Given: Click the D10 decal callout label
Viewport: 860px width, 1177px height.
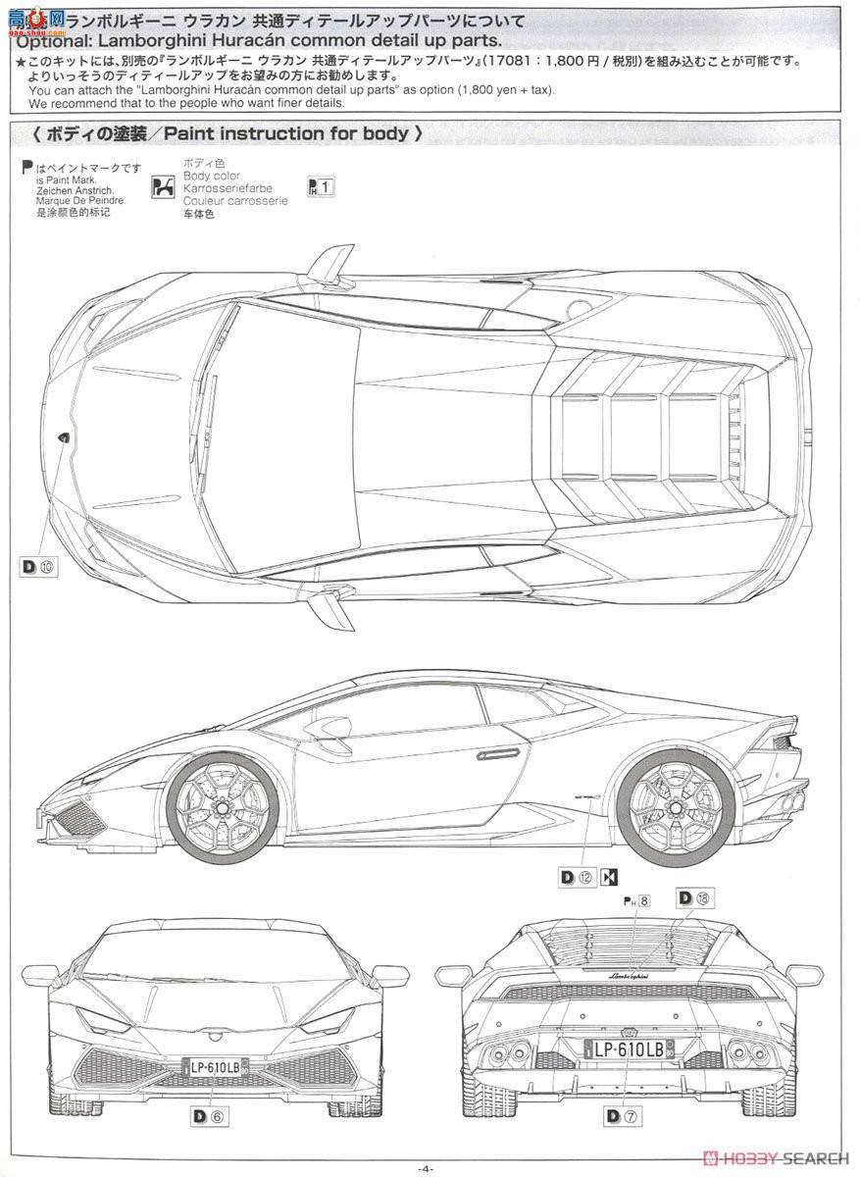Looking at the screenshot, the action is pyautogui.click(x=37, y=565).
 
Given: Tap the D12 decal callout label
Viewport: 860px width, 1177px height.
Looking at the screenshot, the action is pyautogui.click(x=576, y=877).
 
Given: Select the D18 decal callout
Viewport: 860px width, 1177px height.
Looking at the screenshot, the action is pyautogui.click(x=694, y=897).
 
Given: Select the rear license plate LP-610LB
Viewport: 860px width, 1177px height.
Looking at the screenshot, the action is pyautogui.click(x=630, y=1049).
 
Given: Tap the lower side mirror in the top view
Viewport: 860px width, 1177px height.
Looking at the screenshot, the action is pyautogui.click(x=332, y=604).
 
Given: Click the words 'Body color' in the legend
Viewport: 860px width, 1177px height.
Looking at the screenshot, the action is pyautogui.click(x=204, y=175).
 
